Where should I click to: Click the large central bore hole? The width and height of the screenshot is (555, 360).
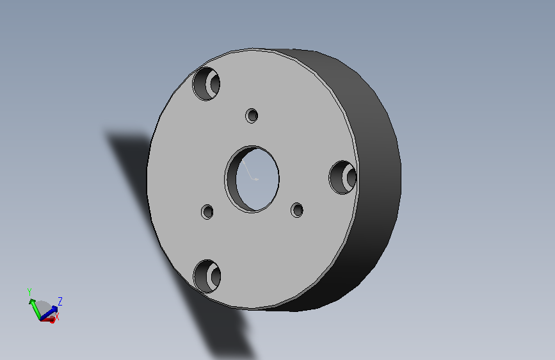click(x=252, y=179)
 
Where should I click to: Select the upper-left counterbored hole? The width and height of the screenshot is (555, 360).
click(x=206, y=84)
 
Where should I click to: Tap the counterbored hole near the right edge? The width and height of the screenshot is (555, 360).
click(x=342, y=177)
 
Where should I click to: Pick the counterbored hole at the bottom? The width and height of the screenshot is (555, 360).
click(x=207, y=276)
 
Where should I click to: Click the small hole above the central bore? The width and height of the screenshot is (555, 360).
click(x=252, y=115)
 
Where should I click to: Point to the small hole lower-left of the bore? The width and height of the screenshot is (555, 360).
click(x=207, y=212)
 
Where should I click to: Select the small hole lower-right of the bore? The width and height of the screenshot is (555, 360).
click(x=297, y=210)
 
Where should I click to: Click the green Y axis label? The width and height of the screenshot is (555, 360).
click(x=29, y=292)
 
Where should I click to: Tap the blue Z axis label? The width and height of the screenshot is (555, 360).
click(x=60, y=302)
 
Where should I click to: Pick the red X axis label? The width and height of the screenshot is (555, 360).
click(x=56, y=316)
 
